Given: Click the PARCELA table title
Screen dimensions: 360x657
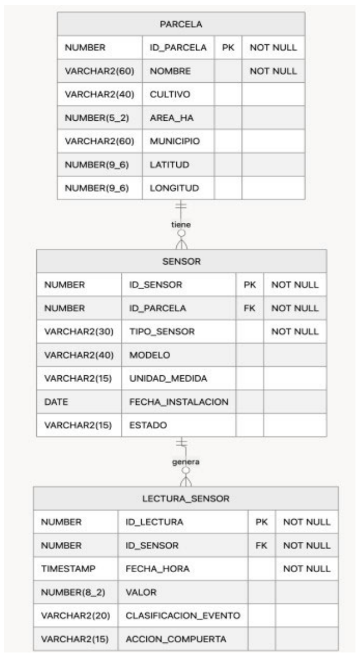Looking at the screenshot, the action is tap(181, 24).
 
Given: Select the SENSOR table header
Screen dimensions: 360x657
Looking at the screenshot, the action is tap(181, 261).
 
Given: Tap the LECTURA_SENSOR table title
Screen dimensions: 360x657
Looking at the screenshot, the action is tap(185, 499).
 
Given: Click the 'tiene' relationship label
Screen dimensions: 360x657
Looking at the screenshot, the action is tap(181, 224).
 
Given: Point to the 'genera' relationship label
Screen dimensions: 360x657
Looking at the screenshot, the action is tap(185, 462).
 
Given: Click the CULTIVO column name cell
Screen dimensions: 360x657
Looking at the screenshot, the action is tap(170, 94).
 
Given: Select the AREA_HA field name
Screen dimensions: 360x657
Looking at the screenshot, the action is tap(172, 118).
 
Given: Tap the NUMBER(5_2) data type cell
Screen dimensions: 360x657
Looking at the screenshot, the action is tap(97, 118).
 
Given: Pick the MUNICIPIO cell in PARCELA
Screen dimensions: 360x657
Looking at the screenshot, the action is tap(175, 141).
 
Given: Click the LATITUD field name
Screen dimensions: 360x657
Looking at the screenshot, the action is tap(170, 164).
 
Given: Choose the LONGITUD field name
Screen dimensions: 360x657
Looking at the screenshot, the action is tap(175, 188).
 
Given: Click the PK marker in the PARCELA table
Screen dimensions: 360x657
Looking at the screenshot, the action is tap(228, 48).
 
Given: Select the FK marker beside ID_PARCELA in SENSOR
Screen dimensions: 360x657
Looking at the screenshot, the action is tap(250, 308).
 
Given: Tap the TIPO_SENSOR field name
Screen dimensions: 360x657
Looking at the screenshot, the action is tap(162, 332).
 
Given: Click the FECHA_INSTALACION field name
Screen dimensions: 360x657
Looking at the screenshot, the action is tap(179, 402).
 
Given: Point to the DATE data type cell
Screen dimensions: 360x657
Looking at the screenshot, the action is tap(56, 402).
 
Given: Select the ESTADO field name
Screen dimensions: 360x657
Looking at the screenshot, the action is tap(148, 425).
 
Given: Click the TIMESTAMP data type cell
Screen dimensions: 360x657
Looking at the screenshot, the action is tap(68, 569).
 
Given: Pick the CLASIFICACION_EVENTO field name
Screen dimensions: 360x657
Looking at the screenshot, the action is tap(183, 616).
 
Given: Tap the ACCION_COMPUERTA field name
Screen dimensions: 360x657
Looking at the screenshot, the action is tap(176, 639).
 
